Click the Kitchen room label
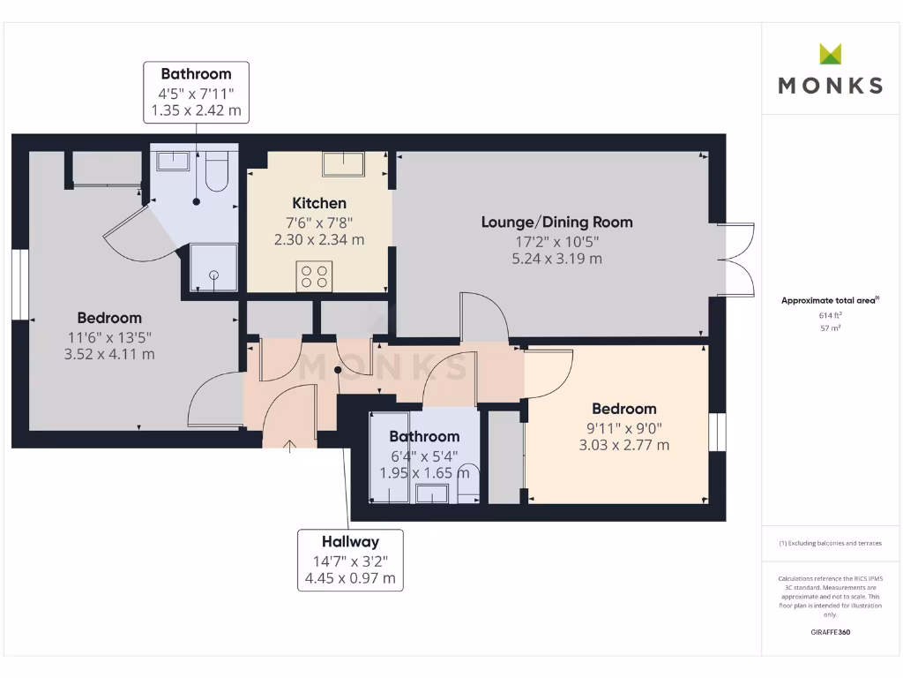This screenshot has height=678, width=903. [x=318, y=204]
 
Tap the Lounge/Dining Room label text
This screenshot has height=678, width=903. [x=556, y=222]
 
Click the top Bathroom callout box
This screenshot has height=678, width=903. [x=196, y=92]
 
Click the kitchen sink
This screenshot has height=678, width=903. [x=344, y=164]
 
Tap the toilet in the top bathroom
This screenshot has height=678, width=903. [x=217, y=173]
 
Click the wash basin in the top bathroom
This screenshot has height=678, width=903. [x=174, y=160]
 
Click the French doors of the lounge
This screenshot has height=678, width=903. [x=737, y=260]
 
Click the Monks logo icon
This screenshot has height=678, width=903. [x=831, y=54]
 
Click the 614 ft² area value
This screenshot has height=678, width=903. [x=830, y=314]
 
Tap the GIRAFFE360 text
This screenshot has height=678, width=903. [x=830, y=632]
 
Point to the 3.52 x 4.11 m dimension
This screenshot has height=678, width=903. [x=109, y=354]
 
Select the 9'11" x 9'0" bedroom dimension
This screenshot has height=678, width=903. [x=623, y=427]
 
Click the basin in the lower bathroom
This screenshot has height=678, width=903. [x=432, y=493]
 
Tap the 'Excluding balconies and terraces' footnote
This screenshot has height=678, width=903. [x=830, y=543]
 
